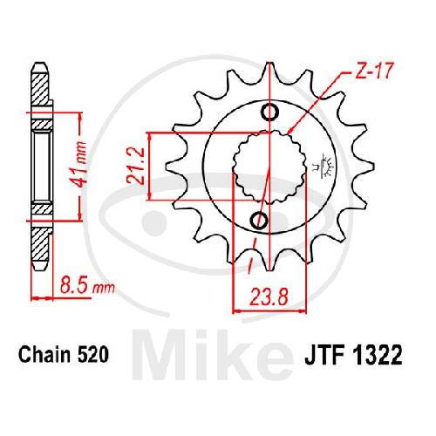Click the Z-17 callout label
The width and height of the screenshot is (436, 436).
(x=374, y=71)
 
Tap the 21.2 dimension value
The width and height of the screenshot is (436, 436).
(x=136, y=166)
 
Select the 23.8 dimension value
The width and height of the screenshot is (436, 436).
(x=269, y=296)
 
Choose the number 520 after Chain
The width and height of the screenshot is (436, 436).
(x=93, y=355)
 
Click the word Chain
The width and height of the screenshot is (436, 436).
(x=44, y=355)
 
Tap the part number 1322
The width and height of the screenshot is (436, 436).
(x=378, y=355)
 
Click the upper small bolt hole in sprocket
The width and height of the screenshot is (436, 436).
(x=270, y=112)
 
